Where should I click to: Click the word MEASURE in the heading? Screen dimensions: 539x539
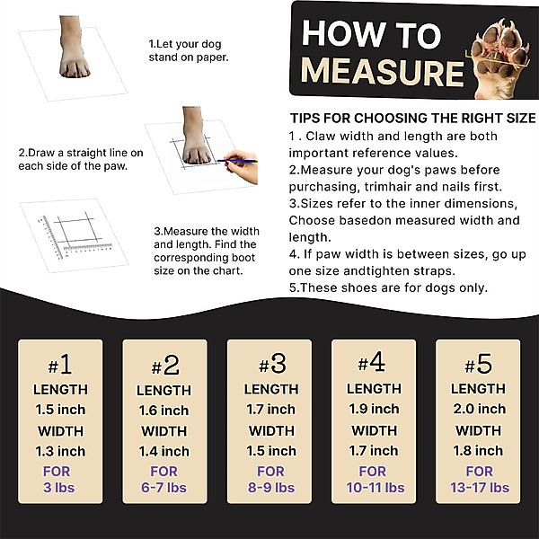coord(383,72)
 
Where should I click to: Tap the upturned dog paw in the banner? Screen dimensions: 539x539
coord(499,59)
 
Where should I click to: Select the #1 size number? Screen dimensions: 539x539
coord(60,365)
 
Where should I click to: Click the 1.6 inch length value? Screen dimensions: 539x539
coord(164,411)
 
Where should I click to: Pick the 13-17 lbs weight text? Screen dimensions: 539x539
coord(480,488)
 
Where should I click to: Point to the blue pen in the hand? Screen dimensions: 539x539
coord(237,161)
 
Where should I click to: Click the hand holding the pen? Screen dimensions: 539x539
coord(242,166)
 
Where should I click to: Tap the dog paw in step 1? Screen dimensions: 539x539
coord(74,47)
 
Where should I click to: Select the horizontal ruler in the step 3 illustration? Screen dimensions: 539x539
coord(88,247)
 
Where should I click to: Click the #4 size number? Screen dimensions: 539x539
coord(372,363)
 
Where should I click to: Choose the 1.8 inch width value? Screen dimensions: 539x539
coord(478,451)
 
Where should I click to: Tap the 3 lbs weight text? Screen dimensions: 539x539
coord(58,488)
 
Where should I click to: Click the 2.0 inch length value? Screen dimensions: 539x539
coord(480,409)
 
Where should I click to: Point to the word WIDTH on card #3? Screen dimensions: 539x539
coord(271,431)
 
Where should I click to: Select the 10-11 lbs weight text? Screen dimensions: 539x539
coord(375,488)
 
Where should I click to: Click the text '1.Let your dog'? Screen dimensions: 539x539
coord(185,44)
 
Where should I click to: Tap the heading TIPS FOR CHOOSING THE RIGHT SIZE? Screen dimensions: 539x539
coord(413,119)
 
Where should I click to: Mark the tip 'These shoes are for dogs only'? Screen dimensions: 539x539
coord(388,287)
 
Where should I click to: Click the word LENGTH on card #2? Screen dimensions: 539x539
coord(164,391)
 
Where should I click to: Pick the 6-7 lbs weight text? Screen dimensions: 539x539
coord(163,488)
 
